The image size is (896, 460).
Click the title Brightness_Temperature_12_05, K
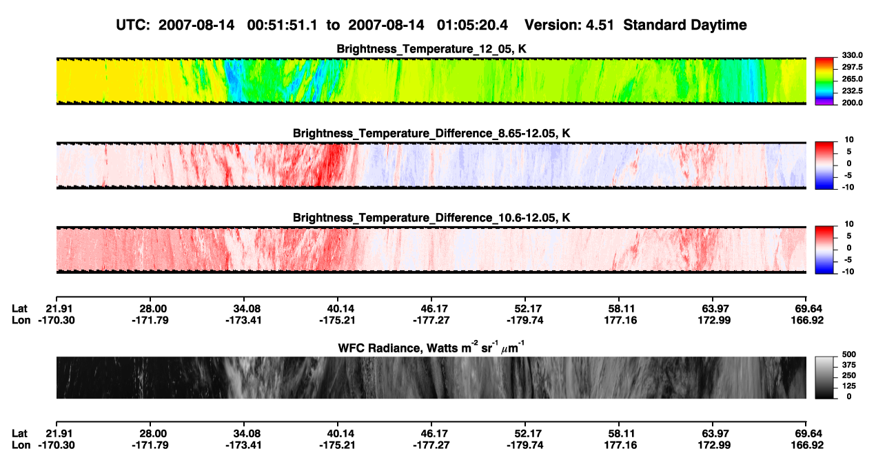click(x=431, y=49)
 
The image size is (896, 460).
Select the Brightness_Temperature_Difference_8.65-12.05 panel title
click(x=431, y=133)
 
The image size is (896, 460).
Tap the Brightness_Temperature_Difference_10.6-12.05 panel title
click(x=431, y=218)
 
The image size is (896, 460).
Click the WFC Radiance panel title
click(x=431, y=347)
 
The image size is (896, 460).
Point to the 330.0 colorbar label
click(x=852, y=55)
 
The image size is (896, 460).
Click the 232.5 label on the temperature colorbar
click(x=852, y=91)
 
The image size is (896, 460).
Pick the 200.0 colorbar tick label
click(x=852, y=103)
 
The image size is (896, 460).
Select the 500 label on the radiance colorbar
click(x=848, y=354)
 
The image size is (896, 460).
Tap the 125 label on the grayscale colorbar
click(x=848, y=386)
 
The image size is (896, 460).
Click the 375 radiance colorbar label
click(x=848, y=365)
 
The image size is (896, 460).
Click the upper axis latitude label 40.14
click(x=340, y=309)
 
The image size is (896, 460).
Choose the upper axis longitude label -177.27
click(x=431, y=320)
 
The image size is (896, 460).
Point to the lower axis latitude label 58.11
click(x=621, y=434)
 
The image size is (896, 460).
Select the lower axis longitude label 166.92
click(x=807, y=446)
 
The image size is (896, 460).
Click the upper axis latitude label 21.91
click(x=59, y=309)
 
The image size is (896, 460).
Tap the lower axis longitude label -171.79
click(x=150, y=446)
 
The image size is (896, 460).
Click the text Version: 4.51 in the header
click(x=569, y=26)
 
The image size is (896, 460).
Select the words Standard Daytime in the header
click(x=685, y=26)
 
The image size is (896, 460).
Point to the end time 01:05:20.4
click(x=472, y=26)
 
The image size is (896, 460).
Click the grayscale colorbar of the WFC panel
click(x=824, y=377)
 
